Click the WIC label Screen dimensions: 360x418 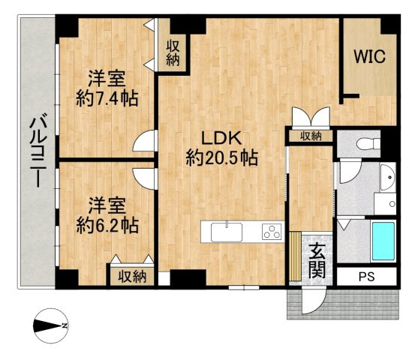[x=369, y=56]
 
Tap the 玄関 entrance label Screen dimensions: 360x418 [x=317, y=259]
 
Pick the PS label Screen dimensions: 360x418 [x=365, y=275]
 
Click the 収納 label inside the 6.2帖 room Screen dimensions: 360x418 [x=133, y=276]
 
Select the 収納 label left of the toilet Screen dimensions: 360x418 [x=310, y=136]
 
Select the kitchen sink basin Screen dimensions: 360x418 [x=227, y=232]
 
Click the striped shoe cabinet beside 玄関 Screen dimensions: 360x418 [x=295, y=257]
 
